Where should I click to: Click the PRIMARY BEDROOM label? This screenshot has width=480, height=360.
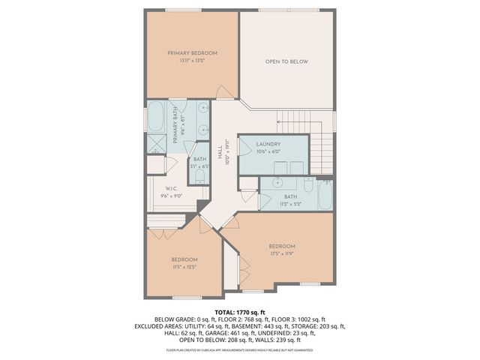(192, 53)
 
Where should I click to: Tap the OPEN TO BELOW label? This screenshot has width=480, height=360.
(286, 61)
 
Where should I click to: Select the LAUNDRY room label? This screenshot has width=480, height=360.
(268, 144)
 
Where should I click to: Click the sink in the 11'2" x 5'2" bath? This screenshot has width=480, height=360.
(277, 181)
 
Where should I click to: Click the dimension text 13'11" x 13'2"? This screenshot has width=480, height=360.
(192, 61)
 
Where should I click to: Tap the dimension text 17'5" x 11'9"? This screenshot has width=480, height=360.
(282, 253)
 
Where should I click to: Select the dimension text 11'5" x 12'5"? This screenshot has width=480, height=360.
(184, 267)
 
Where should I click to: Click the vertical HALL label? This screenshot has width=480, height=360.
(220, 154)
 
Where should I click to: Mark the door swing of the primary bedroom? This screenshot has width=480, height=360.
(223, 92)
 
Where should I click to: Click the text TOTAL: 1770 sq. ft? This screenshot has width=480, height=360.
(240, 312)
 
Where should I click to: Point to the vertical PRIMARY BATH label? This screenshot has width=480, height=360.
(176, 126)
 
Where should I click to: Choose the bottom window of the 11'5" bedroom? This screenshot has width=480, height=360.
(185, 298)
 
